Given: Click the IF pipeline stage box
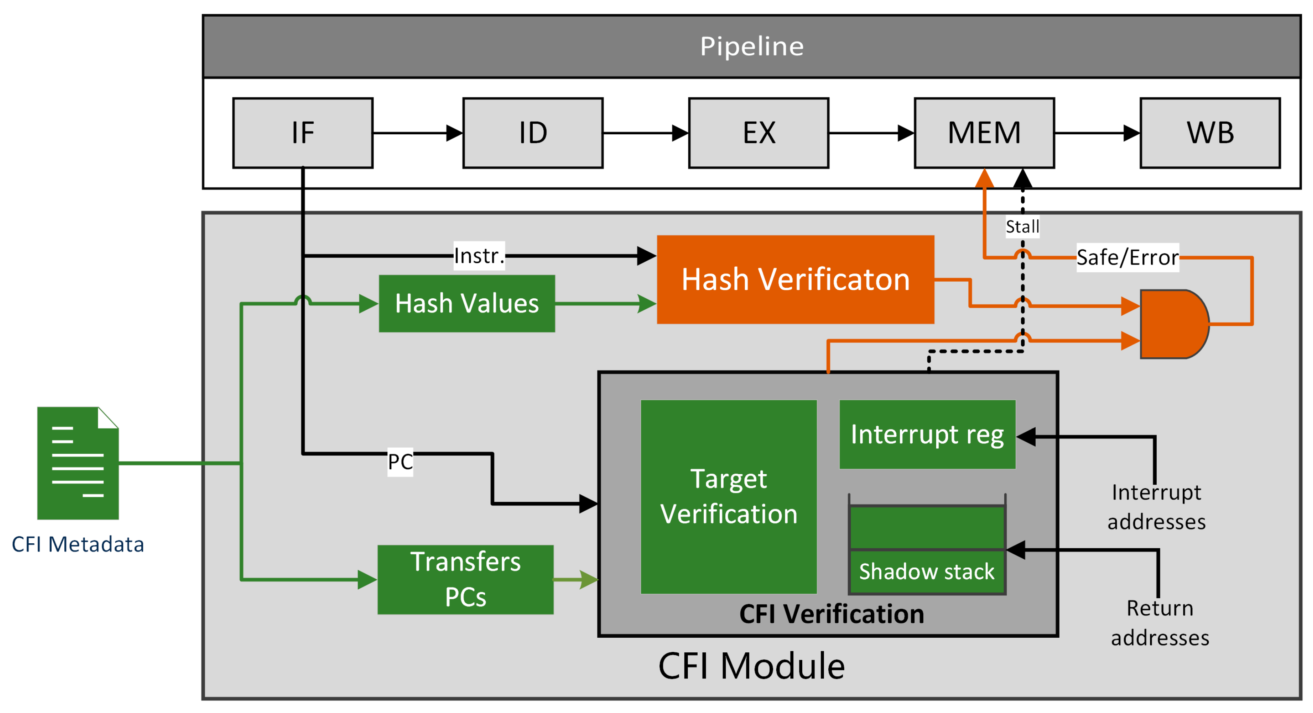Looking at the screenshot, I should click(303, 133).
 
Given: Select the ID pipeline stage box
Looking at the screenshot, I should click(533, 133).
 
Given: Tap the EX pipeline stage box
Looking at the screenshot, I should click(758, 133).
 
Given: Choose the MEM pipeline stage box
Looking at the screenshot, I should click(984, 133).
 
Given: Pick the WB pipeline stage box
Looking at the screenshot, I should click(1210, 133).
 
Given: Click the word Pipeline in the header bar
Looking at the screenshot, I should click(751, 46).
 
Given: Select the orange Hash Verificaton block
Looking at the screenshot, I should click(795, 279).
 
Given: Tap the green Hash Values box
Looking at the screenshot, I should click(466, 304).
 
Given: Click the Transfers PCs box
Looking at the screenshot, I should click(465, 579).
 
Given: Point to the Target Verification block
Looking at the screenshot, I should click(728, 496).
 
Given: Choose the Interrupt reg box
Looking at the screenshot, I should click(927, 434).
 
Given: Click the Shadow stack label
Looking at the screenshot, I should click(926, 571).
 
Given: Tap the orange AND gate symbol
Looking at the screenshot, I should click(1172, 324).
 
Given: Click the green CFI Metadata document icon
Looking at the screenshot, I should click(77, 463).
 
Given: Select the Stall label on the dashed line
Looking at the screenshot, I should click(1022, 226).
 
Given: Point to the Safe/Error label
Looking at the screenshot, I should click(1127, 257).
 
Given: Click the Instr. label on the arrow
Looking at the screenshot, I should click(479, 256).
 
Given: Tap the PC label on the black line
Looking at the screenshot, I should click(400, 461).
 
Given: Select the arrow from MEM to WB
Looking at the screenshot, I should click(1096, 133).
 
